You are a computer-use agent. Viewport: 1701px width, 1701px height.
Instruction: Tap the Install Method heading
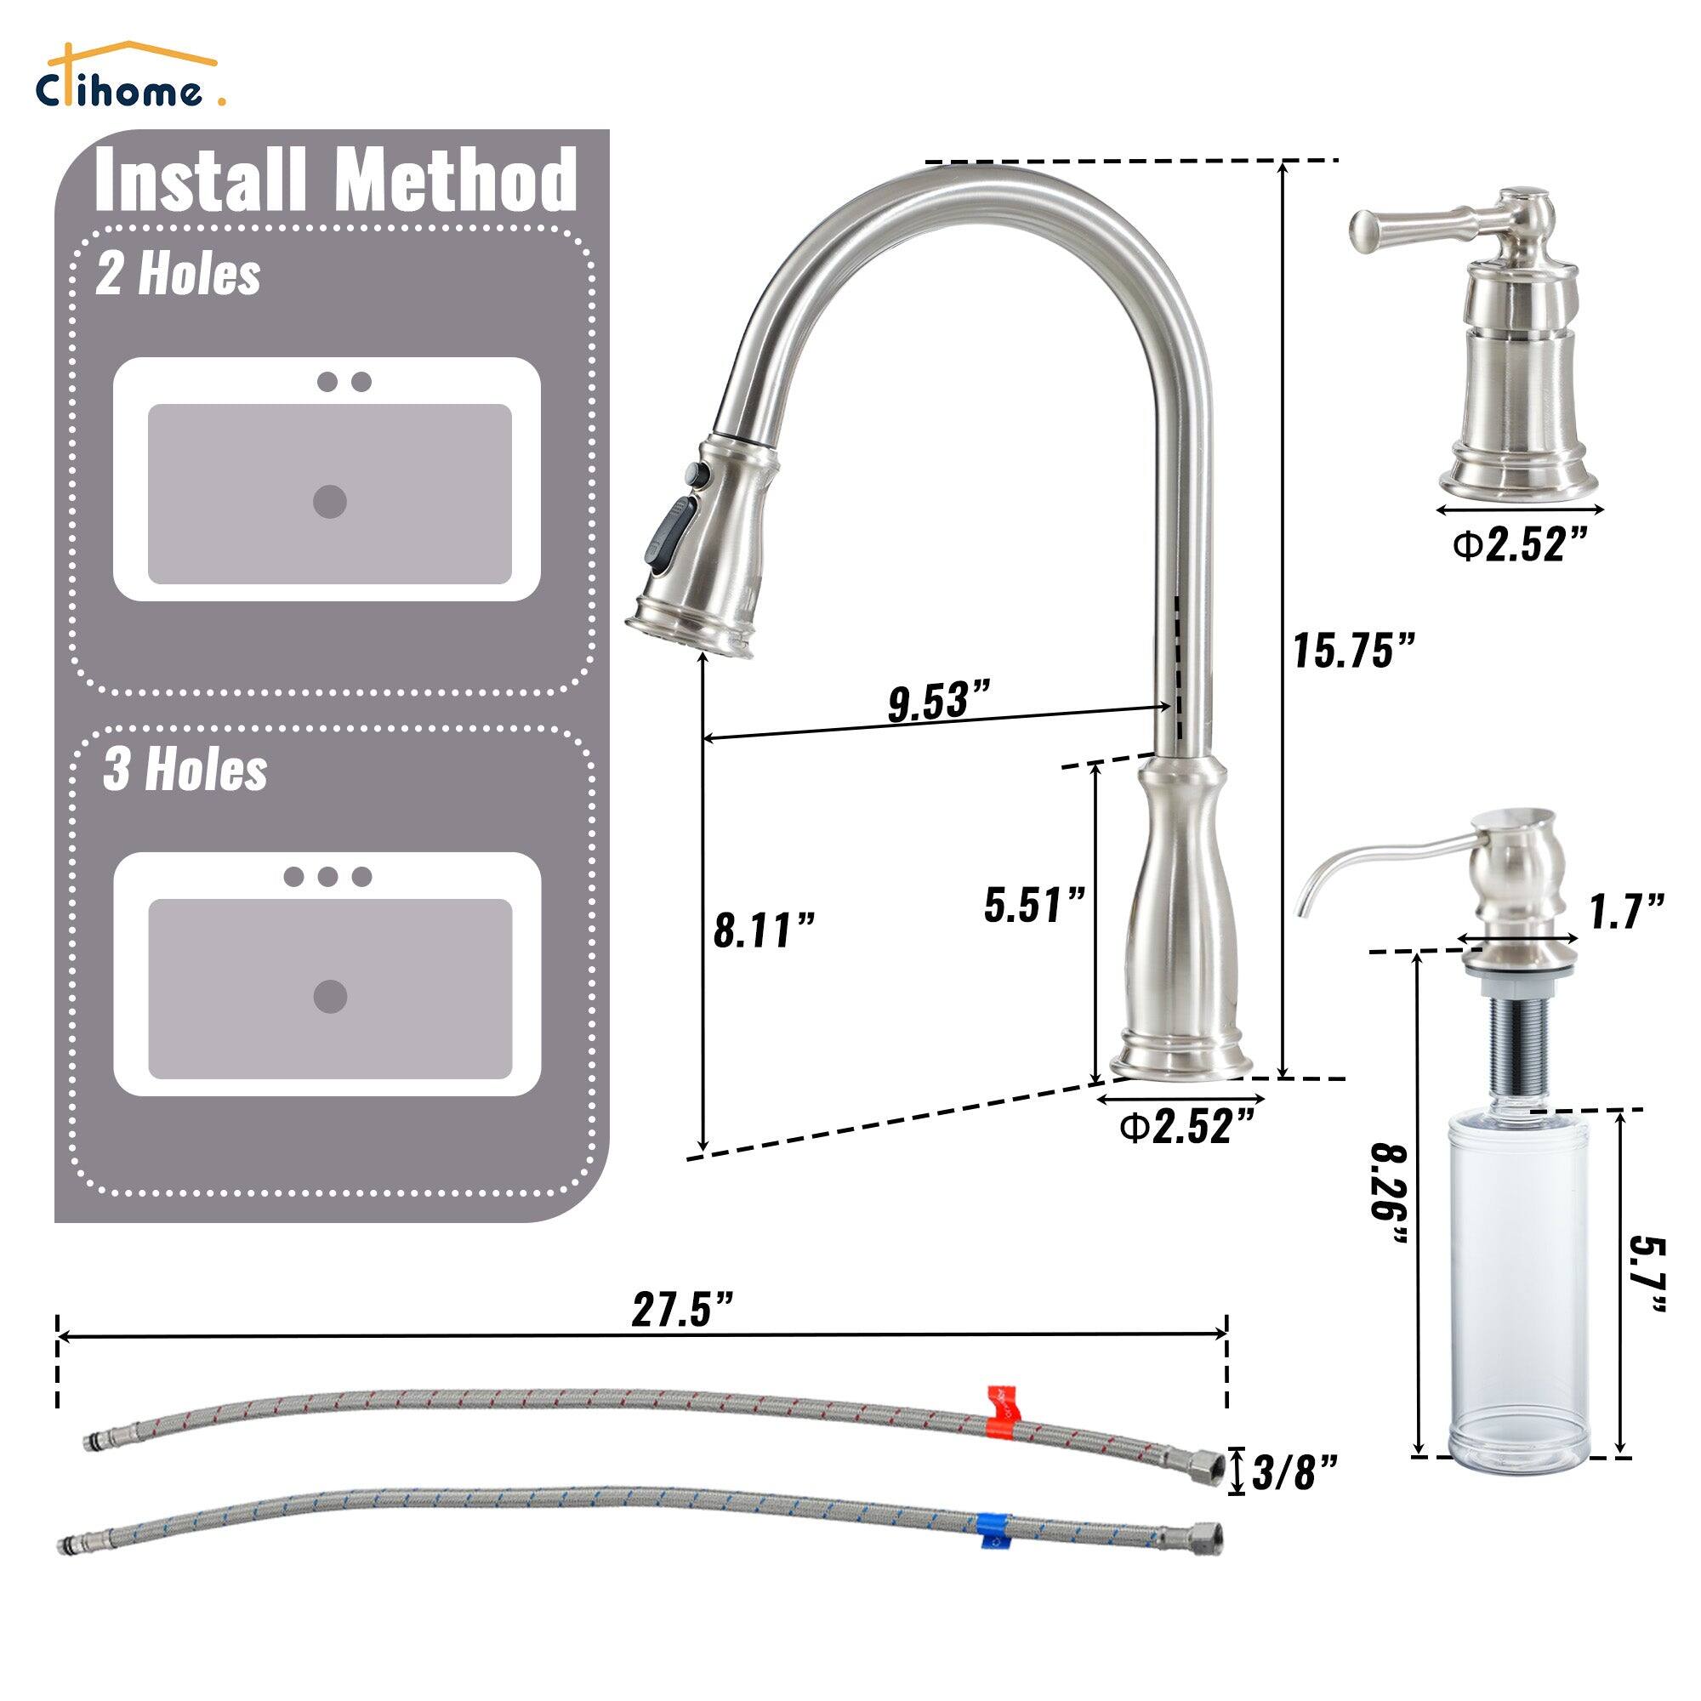click(335, 181)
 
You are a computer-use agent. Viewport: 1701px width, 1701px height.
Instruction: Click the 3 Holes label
click(185, 771)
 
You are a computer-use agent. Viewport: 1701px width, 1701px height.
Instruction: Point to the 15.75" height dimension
click(1353, 651)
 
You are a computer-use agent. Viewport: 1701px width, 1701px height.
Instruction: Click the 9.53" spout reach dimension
click(940, 702)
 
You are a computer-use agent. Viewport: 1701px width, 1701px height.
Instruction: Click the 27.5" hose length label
click(682, 1311)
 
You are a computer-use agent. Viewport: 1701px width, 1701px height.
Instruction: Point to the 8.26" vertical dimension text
click(1391, 1193)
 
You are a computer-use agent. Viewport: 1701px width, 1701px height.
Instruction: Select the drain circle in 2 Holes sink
click(329, 501)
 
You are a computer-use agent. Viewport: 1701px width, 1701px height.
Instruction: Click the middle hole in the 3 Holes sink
click(327, 876)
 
